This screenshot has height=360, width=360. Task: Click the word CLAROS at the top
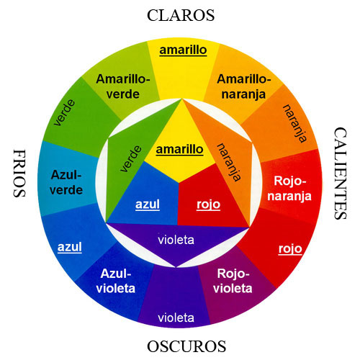[x=181, y=15]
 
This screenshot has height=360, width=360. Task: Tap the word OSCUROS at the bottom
[x=186, y=346]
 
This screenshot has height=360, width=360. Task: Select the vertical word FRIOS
[x=19, y=174]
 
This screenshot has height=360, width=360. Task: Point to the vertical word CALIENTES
[x=341, y=174]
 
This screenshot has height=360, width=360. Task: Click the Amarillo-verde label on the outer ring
[x=123, y=86]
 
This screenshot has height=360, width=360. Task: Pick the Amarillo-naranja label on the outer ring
[x=244, y=86]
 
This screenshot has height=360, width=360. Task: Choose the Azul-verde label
[x=66, y=182]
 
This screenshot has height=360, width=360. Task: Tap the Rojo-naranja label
[x=289, y=189]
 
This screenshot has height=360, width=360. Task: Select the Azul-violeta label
[x=116, y=281]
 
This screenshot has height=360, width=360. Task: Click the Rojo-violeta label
[x=233, y=281]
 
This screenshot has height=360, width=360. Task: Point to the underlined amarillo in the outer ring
[x=183, y=50]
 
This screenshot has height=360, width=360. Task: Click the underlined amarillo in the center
[x=180, y=150]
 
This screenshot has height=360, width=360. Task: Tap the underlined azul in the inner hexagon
[x=148, y=204]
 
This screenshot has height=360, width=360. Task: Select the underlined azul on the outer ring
[x=70, y=247]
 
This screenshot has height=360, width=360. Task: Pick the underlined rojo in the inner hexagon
[x=208, y=204]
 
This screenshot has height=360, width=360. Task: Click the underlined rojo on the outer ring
[x=290, y=249]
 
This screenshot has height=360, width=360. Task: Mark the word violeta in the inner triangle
[x=176, y=240]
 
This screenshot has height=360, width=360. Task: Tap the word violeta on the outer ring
[x=176, y=318]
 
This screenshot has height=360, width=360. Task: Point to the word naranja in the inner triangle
[x=229, y=162]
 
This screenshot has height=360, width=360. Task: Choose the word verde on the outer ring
[x=64, y=112]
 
